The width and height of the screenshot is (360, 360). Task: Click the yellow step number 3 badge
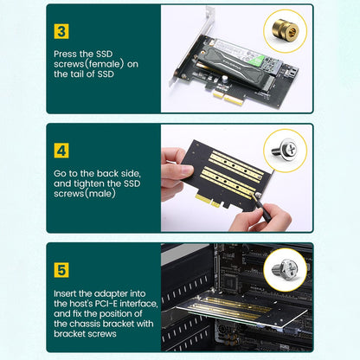point(61,32)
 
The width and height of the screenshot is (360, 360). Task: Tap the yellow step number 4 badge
point(61,150)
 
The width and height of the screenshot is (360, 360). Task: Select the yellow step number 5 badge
point(61,269)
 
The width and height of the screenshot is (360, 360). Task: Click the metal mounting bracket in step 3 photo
point(183,61)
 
